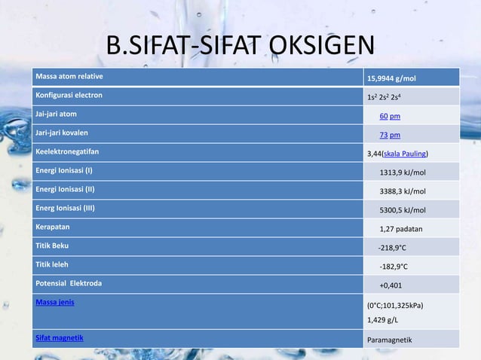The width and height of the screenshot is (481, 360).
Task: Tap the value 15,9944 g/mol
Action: coord(391,78)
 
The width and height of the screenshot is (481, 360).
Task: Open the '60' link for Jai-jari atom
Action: coord(384,116)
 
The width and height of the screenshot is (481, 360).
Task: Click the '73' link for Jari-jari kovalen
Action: coord(384,135)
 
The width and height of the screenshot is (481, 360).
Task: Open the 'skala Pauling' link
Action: coord(406,154)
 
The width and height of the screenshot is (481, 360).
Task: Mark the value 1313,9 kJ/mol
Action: coord(402,172)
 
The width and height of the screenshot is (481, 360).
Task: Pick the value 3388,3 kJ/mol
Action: coord(402,191)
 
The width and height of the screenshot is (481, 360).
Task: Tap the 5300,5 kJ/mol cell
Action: coord(402,210)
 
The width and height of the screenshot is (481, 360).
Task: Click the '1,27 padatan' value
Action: coord(400,229)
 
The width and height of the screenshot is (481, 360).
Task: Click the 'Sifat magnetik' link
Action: coord(60,337)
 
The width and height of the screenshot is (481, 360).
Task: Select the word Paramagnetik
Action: coord(389,340)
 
